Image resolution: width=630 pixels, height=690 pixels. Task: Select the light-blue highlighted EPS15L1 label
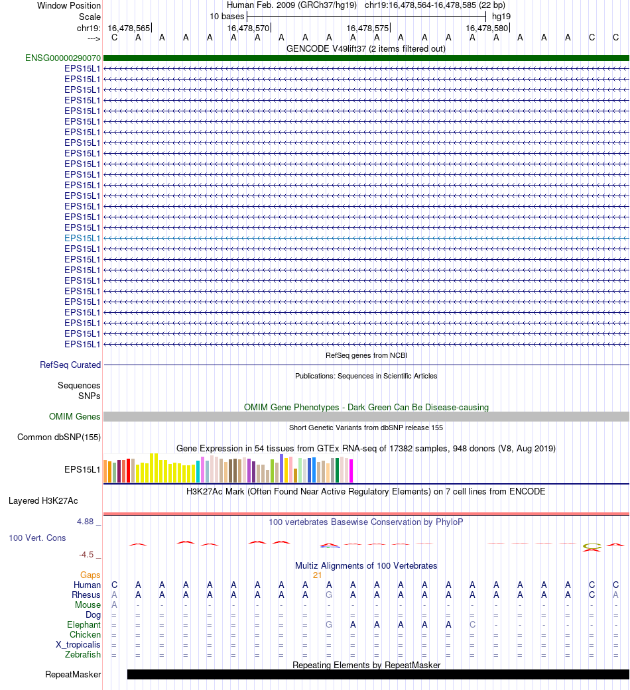tap(82, 238)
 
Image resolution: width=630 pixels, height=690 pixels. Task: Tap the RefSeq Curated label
tap(70, 365)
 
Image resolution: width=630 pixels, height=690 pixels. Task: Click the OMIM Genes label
tap(75, 416)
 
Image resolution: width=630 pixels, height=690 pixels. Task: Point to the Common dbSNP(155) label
tap(59, 437)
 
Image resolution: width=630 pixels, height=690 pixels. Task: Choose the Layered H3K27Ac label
tap(43, 500)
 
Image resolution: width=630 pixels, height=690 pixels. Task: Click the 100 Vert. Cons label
tap(37, 538)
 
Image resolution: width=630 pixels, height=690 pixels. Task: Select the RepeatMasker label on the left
tap(73, 675)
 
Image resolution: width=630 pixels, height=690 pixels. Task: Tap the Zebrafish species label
tap(84, 655)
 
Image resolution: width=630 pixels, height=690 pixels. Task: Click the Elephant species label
tap(84, 624)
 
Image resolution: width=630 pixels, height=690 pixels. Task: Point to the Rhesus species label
tap(86, 595)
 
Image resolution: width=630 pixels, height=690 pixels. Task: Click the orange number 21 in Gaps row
tap(318, 575)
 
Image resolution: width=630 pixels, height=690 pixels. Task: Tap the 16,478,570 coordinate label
tap(249, 28)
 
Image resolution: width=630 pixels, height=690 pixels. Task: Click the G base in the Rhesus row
tap(329, 595)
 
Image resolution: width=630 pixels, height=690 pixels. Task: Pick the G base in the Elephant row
tap(329, 624)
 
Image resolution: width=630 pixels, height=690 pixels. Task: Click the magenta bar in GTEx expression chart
tap(351, 471)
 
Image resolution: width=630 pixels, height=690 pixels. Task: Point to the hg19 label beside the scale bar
tap(501, 15)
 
